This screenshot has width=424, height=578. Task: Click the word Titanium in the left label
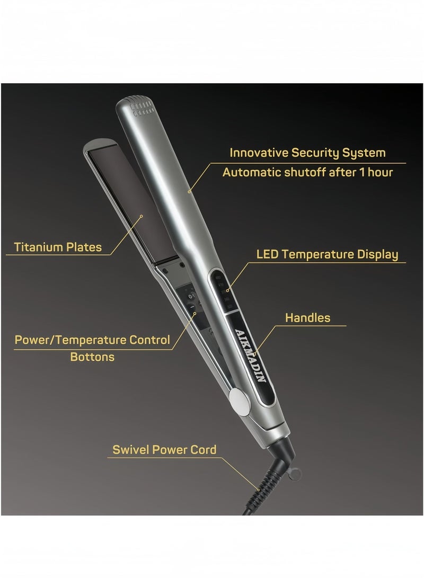[39, 247]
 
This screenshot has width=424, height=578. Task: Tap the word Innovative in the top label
[259, 153]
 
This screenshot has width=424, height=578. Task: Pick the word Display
[376, 255]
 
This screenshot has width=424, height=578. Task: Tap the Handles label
[307, 318]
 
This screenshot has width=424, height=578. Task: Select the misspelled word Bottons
[92, 357]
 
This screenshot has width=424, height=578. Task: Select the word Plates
[84, 247]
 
